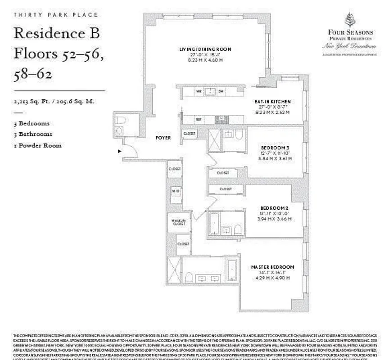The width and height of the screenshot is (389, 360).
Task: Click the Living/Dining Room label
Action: (x=205, y=49)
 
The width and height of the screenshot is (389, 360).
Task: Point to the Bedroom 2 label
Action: (x=271, y=207)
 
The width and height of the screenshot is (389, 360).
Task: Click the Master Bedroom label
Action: (x=269, y=267)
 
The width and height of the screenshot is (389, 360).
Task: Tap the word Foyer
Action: (x=163, y=138)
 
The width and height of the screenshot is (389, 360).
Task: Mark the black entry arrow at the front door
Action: (x=119, y=152)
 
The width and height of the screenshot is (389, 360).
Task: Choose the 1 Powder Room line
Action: (x=38, y=145)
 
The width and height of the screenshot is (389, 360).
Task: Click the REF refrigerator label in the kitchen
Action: (x=198, y=119)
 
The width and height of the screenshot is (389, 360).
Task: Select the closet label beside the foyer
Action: (x=190, y=134)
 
